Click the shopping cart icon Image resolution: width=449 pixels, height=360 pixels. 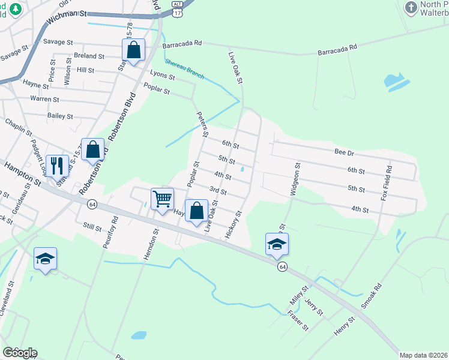pyautogui.click(x=162, y=198)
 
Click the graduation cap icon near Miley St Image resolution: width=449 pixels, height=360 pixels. pyautogui.click(x=277, y=244)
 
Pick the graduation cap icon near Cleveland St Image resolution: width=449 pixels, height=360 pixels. pyautogui.click(x=45, y=258)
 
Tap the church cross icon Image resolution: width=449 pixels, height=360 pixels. pyautogui.click(x=411, y=8)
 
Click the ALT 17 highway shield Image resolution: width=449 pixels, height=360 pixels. pyautogui.click(x=177, y=4)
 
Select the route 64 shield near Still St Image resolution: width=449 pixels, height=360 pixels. pyautogui.click(x=92, y=205)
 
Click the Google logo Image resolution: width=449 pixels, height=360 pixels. pyautogui.click(x=20, y=353)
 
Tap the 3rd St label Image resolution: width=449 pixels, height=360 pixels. pyautogui.click(x=217, y=191)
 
